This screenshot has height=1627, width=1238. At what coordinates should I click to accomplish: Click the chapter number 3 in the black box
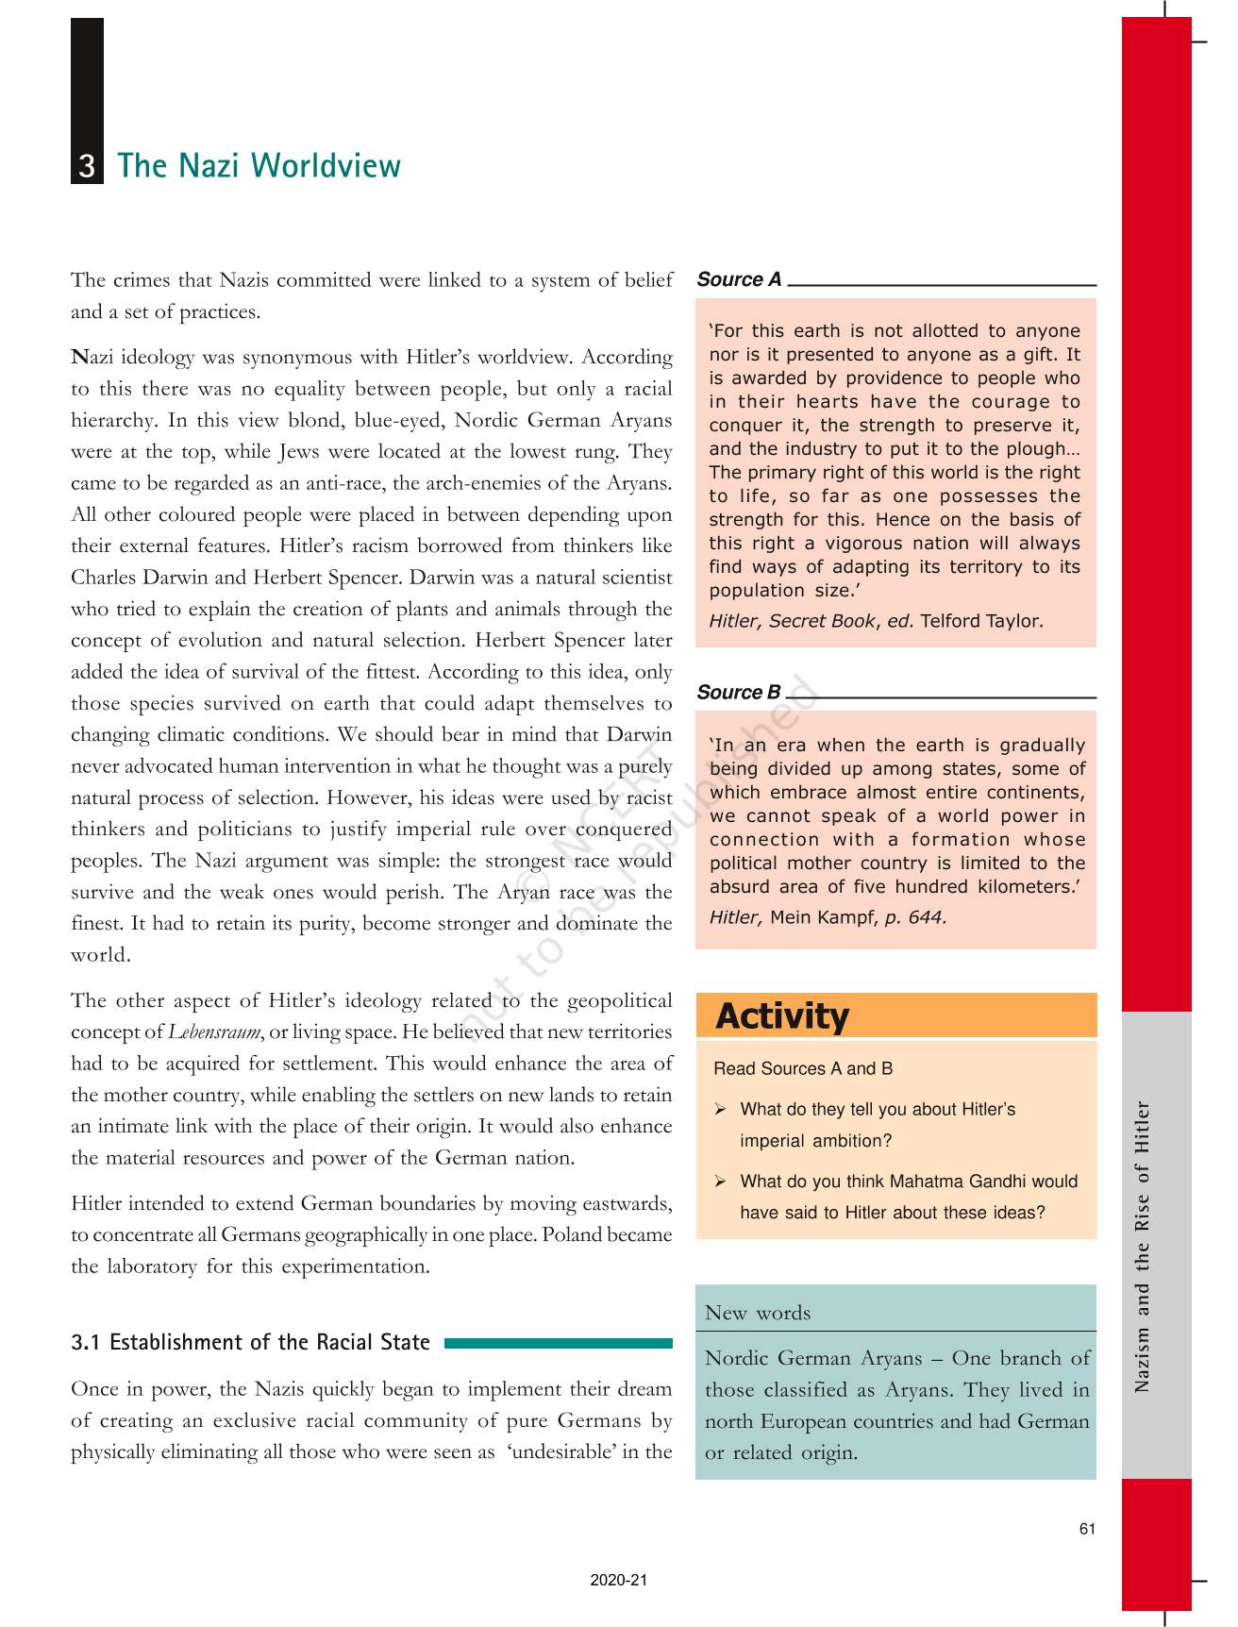pos(87,167)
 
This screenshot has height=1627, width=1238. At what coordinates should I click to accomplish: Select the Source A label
pos(739,279)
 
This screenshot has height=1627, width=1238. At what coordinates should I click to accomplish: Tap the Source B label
pos(739,692)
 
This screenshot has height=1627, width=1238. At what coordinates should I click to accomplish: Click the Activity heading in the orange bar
pos(782,1016)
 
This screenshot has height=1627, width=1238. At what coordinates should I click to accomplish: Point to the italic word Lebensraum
pos(214,1032)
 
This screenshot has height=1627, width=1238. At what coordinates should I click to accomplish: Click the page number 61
pos(1087,1529)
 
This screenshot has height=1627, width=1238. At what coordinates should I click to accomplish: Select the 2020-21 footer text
pos(619,1580)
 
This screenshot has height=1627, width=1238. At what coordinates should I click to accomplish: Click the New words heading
pos(757,1313)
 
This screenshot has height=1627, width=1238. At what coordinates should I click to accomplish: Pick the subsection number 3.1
pos(87,1342)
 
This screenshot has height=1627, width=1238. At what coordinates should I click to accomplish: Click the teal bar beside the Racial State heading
pos(558,1343)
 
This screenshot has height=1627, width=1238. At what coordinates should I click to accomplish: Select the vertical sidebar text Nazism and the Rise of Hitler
pos(1143,1246)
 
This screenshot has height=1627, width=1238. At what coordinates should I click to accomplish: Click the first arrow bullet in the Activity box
pos(720,1110)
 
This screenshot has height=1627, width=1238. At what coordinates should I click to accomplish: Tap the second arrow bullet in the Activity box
pos(720,1182)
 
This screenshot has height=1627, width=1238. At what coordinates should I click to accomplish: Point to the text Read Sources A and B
pos(803,1068)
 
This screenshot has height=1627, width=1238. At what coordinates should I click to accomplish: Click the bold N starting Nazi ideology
pos(79,358)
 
